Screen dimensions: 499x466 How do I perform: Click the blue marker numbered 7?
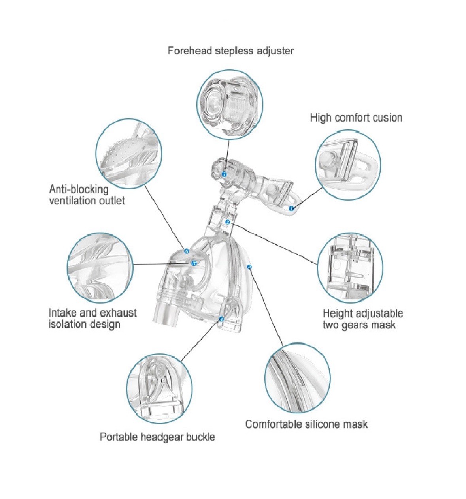(224, 174)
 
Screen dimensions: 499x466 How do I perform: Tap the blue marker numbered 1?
(292, 208)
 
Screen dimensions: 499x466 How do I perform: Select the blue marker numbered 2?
(228, 222)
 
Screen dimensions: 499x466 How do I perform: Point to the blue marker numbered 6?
(187, 251)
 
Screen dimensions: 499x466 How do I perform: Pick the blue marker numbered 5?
(194, 263)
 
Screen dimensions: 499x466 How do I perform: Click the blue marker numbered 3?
(249, 267)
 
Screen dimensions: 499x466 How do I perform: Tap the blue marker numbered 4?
(221, 319)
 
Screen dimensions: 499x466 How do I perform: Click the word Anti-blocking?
(79, 189)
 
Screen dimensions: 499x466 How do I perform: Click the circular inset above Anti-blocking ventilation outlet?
(129, 153)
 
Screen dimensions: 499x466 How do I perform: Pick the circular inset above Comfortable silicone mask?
(298, 378)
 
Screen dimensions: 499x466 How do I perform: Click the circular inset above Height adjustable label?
(350, 267)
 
